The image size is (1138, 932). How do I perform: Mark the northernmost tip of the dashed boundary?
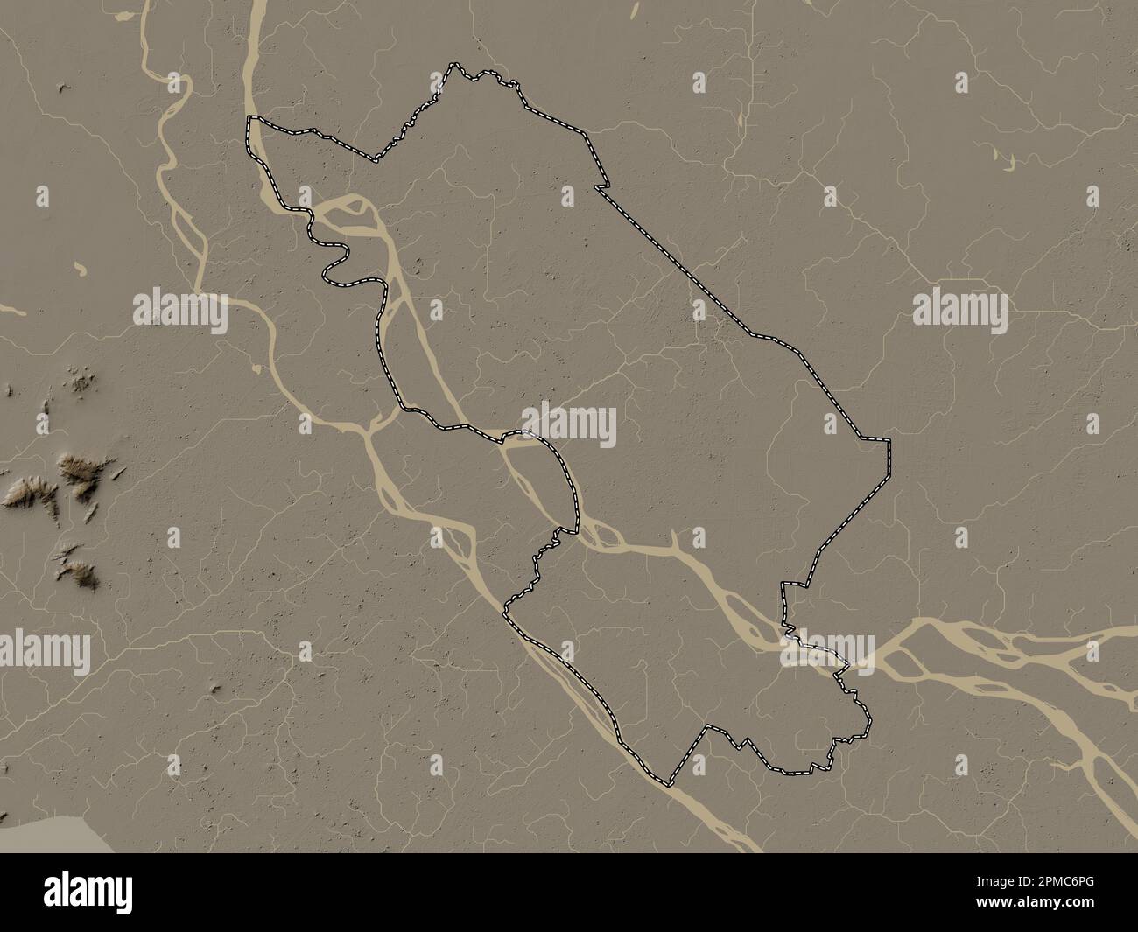point(453,64)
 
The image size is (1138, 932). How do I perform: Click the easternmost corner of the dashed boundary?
point(889,440)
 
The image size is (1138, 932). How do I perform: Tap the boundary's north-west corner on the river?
point(249,117)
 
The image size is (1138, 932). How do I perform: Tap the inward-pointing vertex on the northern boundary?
point(376,161)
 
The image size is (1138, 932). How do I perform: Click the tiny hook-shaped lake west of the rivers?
point(80,268)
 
